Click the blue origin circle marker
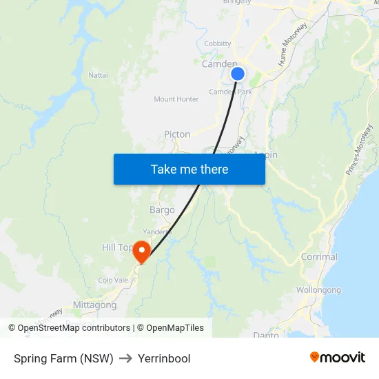click(238, 74)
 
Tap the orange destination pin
click(141, 251)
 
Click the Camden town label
click(219, 64)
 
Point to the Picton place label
click(177, 134)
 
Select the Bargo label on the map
click(162, 209)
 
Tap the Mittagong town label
click(94, 305)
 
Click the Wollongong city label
click(318, 290)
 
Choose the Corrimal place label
click(319, 257)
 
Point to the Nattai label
click(98, 74)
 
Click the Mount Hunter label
click(176, 99)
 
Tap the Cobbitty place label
click(218, 43)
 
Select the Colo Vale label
click(113, 280)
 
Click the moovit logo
click(337, 358)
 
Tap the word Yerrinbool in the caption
click(164, 358)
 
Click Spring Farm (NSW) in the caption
click(63, 358)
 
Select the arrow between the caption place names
click(125, 358)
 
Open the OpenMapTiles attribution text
click(170, 328)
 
